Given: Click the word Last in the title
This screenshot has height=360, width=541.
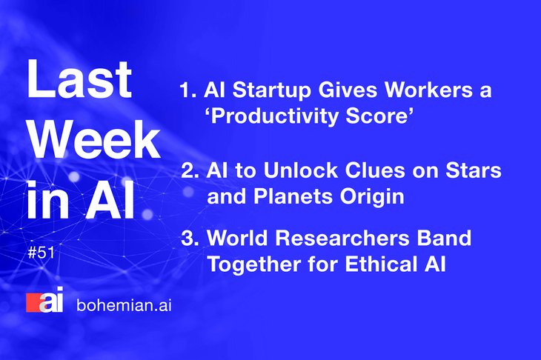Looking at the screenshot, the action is coord(79,79).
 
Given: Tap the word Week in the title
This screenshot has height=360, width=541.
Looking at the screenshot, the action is coord(95,140).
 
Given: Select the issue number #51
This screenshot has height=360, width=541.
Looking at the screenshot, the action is coord(41,253).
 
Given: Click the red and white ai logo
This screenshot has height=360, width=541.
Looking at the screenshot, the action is coord(45,300).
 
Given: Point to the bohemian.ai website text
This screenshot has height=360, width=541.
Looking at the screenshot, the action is coord(124,305).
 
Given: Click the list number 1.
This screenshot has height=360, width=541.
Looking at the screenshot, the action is coord(187,90).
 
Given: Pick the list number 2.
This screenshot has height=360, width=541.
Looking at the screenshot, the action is coord(190,170).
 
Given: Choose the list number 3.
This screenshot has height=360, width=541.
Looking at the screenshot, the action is coord(190,238).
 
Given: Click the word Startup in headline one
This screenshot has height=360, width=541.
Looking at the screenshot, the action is coord(271,91).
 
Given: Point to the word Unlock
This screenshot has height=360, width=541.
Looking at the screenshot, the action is coord(300,170).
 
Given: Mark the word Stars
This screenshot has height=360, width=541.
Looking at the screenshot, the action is coord(474,170).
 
